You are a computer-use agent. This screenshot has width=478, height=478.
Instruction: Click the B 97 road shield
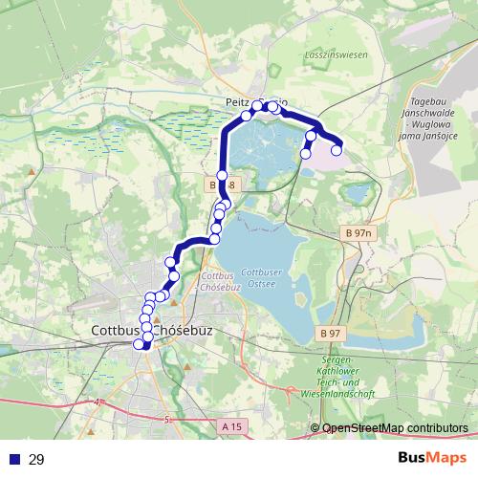tap(331, 332)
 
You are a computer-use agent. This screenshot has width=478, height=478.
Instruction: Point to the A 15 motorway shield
tap(229, 425)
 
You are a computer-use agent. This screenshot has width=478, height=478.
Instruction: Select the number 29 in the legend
tap(36, 460)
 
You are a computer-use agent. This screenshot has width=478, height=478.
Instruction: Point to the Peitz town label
tap(237, 99)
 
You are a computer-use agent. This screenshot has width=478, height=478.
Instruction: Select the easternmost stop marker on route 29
tap(337, 150)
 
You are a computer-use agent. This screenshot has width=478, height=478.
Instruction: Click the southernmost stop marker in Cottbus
tap(146, 345)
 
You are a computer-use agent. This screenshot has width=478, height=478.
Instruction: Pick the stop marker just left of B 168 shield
tap(222, 176)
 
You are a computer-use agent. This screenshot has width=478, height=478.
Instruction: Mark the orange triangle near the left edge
tap(32, 171)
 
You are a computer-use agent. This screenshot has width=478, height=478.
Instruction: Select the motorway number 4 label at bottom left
tap(98, 402)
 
